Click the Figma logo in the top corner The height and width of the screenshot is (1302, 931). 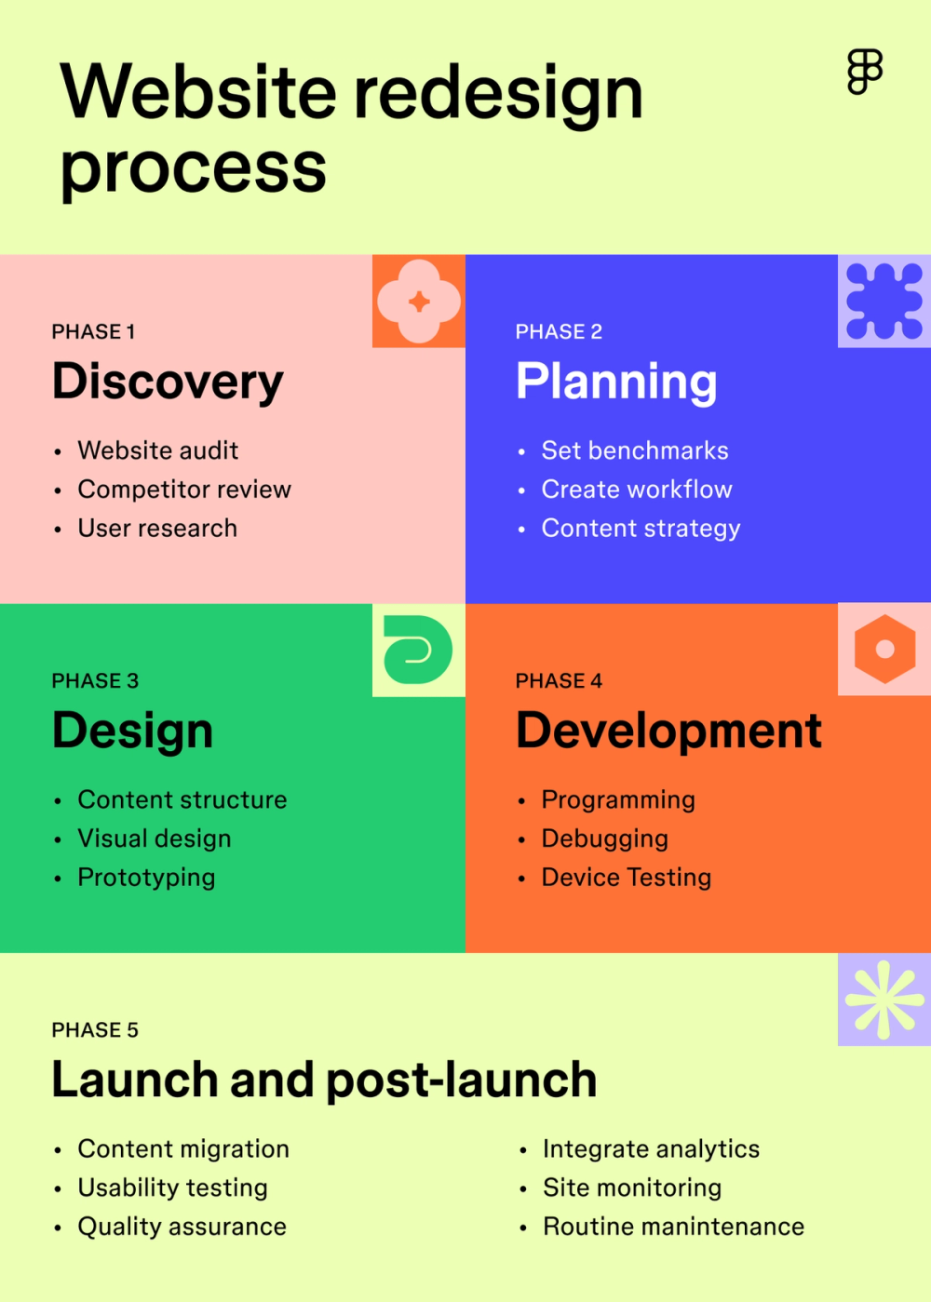[x=865, y=72]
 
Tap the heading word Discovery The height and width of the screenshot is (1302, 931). [x=168, y=382]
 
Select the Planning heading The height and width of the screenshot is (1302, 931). [x=616, y=382]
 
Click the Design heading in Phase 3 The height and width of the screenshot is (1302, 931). [x=132, y=731]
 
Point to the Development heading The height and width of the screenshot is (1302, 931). [x=668, y=731]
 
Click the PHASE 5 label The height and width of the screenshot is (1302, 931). [x=95, y=1030]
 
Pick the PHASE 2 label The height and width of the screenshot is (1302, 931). [x=559, y=332]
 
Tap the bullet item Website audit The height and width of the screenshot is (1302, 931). [x=157, y=450]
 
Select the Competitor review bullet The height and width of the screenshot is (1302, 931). [x=184, y=490]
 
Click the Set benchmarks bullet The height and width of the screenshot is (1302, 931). [x=635, y=450]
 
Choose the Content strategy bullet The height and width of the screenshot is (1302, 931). [x=641, y=529]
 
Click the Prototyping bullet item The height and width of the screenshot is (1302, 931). [x=146, y=878]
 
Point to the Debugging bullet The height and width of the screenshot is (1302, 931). [x=604, y=839]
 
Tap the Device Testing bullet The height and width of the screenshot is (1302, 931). [x=626, y=878]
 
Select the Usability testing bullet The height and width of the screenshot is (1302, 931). [x=172, y=1188]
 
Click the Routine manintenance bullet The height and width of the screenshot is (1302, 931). [x=673, y=1227]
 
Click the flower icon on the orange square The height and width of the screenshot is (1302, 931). [x=419, y=302]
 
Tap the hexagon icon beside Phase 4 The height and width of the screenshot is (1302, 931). [x=884, y=650]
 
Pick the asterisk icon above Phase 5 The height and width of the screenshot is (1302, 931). [x=884, y=1000]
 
